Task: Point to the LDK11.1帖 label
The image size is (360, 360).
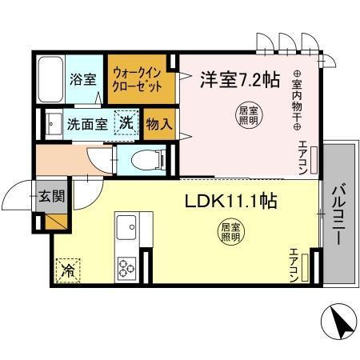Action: [x=232, y=200]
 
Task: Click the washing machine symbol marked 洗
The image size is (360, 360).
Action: [x=126, y=123]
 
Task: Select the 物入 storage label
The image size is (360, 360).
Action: [x=157, y=124]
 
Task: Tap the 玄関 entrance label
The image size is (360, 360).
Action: [x=50, y=197]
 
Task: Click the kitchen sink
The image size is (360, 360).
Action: [x=126, y=231]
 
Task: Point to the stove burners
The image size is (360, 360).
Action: [x=126, y=265]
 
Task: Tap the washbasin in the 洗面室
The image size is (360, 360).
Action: [x=53, y=124]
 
